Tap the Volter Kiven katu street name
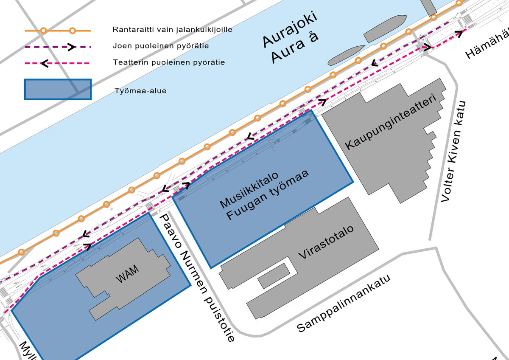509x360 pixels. pos(453,151)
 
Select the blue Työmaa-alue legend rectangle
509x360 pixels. pos(58,90)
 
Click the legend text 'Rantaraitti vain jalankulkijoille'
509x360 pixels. pos(172,30)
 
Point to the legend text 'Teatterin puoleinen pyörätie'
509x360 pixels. pos(169,62)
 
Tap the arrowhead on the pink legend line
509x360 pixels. pos(44,64)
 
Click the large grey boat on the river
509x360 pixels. pos(385,28)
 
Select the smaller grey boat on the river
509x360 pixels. pos(346,55)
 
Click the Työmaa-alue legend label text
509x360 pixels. pos(140,90)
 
